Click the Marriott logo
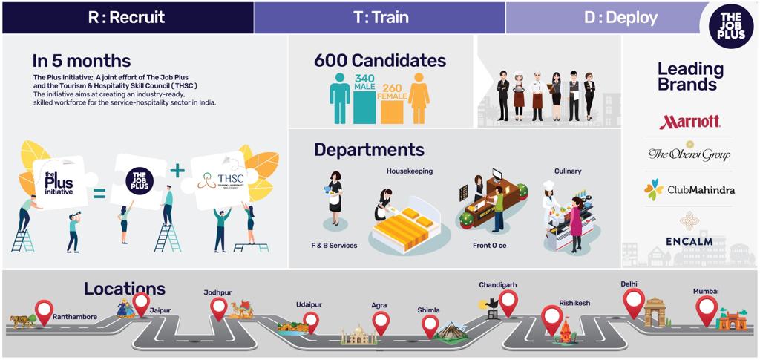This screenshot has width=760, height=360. pos(689,122)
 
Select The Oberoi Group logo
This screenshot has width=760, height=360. pos(689,153)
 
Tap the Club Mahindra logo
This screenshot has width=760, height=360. pos(689,190)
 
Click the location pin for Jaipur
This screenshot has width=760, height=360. pos(141,304)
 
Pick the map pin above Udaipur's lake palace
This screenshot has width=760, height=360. pos(311,321)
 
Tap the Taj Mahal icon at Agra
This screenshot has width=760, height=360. pos(355,336)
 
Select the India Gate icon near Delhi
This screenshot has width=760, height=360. pos(655,312)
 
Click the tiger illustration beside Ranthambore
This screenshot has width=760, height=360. pos(21,321)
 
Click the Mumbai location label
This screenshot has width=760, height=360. pos(706,292)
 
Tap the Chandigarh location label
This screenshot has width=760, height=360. pos(498,284)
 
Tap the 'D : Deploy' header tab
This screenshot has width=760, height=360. pos(620,17)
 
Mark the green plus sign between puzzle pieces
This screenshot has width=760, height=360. pos(176,171)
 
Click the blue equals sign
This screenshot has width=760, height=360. pos(99,195)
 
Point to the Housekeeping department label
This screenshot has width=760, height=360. pos(409,171)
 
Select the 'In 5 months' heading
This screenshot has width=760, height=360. pos(82,61)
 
